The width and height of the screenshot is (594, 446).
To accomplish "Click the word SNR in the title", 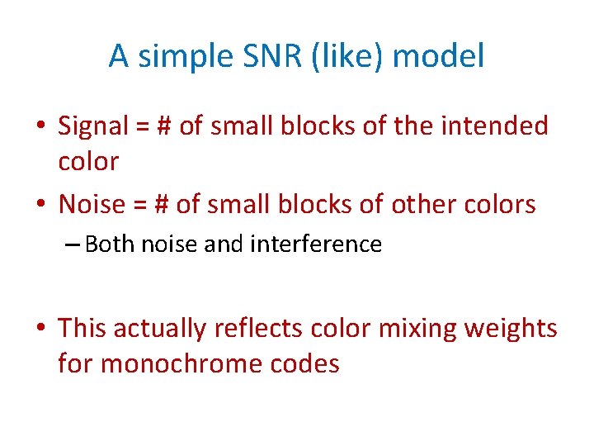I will click(263, 57).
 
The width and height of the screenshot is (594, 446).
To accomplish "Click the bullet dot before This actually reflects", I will click(41, 329).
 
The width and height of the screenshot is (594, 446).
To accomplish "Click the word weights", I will click(511, 328).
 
